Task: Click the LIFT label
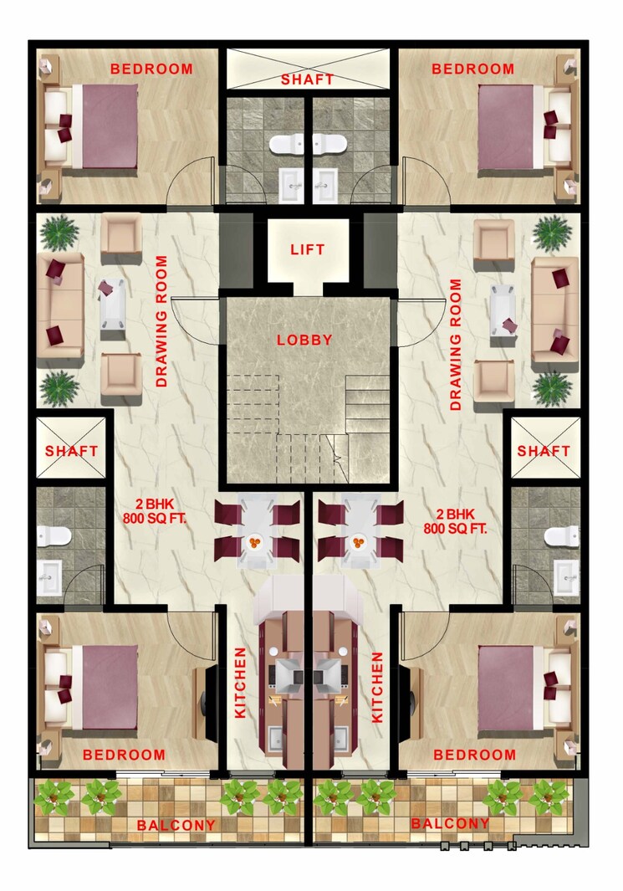[x=307, y=249]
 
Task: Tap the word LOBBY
[x=305, y=340]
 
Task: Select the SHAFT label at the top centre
[x=307, y=79]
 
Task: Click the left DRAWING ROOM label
[x=161, y=322]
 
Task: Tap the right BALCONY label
[x=450, y=823]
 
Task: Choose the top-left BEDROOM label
[x=151, y=69]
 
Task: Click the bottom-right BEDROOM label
[x=474, y=755]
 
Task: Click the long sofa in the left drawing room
[x=59, y=305]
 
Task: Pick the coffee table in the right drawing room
[x=503, y=309]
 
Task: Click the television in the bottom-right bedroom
[x=407, y=691]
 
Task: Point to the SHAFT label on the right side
[x=544, y=450]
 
